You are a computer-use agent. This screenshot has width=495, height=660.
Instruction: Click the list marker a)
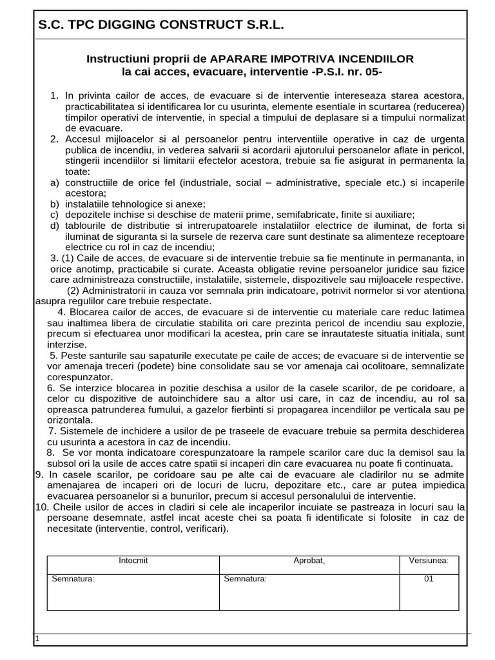(x=54, y=182)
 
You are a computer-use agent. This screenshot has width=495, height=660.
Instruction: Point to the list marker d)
(x=54, y=225)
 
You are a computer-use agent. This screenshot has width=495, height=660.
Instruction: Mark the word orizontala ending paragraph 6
(x=69, y=420)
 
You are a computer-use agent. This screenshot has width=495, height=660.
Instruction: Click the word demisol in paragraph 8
(x=403, y=452)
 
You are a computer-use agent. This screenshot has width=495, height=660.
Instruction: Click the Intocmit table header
(x=133, y=561)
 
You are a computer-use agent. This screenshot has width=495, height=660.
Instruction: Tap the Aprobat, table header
(x=309, y=561)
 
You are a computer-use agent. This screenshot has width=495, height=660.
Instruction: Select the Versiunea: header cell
(x=429, y=561)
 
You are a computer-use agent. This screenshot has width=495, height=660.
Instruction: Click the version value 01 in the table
(x=429, y=578)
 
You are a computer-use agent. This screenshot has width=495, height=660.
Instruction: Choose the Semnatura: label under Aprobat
(x=246, y=578)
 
